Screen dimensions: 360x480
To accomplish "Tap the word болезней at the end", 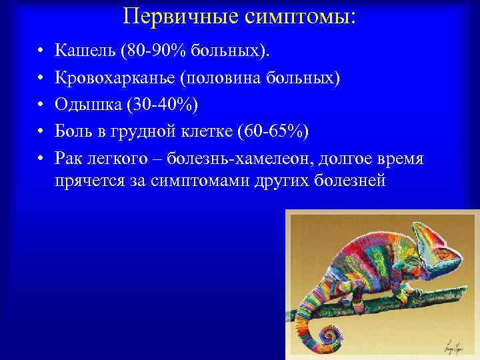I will coord(353,181).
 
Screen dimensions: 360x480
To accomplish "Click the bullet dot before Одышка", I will coord(41,106).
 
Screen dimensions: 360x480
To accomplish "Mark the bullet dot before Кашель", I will coord(41,51).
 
